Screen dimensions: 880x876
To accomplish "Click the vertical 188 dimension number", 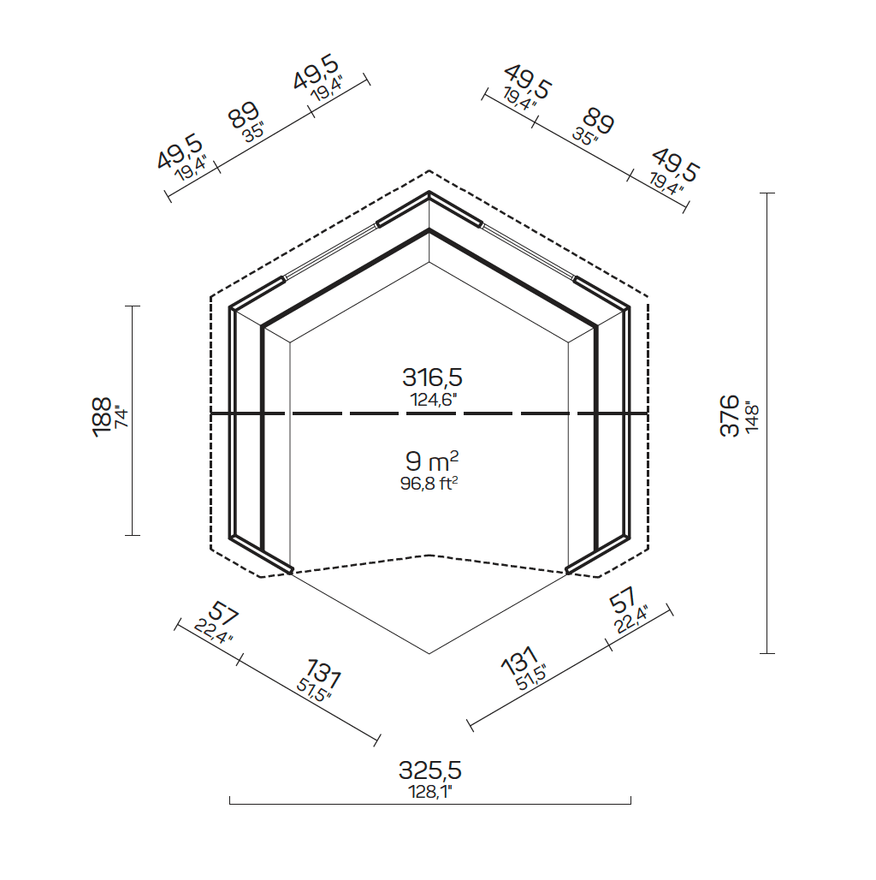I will click(101, 417).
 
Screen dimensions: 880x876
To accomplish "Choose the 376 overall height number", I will click(730, 416).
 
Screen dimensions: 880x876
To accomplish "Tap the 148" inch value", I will click(751, 417).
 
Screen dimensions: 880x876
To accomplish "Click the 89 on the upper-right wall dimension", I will click(600, 122).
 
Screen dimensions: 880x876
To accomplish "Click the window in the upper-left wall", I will click(329, 251).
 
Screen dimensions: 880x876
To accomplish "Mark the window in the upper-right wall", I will click(529, 251).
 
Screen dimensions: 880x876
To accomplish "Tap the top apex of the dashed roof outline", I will click(429, 170).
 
